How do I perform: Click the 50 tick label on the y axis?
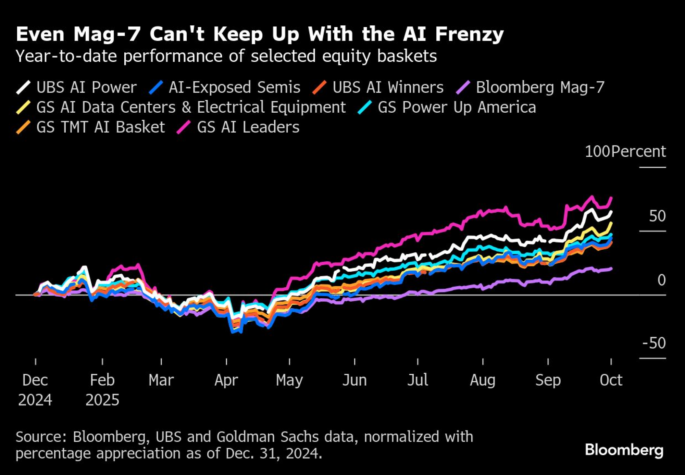tap(657, 216)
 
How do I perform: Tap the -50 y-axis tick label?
tap(654, 343)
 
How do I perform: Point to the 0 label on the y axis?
tap(661, 280)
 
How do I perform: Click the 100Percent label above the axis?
tap(625, 151)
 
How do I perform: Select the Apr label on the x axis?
tap(226, 380)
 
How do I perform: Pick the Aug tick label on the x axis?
tap(483, 380)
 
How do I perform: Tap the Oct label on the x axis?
tap(611, 380)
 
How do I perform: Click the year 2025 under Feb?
tap(102, 400)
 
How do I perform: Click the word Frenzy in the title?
tap(470, 34)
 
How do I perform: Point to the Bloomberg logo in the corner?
tap(624, 450)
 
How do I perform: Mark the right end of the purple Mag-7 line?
tap(611, 268)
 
